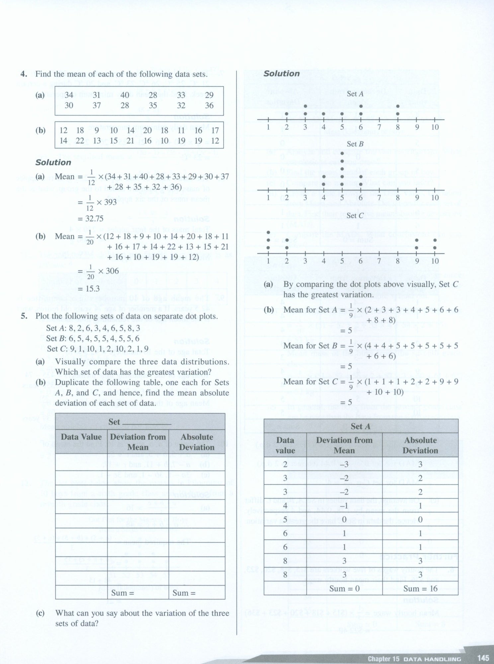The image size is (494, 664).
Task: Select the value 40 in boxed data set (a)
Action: tap(125, 95)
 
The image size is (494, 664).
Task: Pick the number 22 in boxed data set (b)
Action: tap(80, 141)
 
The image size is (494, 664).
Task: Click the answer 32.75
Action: tap(90, 218)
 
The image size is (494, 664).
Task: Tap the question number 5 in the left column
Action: tap(24, 316)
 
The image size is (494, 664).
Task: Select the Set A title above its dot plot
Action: tap(355, 94)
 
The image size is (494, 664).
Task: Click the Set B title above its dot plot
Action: tap(355, 144)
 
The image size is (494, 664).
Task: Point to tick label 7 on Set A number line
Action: tap(379, 127)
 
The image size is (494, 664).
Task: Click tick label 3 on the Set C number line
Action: tap(305, 261)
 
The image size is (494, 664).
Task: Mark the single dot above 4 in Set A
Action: tap(324, 114)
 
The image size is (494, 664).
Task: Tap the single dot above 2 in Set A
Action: tap(287, 114)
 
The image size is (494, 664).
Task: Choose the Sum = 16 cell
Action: tap(420, 589)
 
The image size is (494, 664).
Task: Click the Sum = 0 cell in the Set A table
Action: tap(344, 589)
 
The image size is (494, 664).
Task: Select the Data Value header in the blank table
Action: tap(81, 437)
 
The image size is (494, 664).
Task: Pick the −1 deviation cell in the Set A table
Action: tap(344, 506)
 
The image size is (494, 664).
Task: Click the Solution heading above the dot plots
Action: tap(282, 74)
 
